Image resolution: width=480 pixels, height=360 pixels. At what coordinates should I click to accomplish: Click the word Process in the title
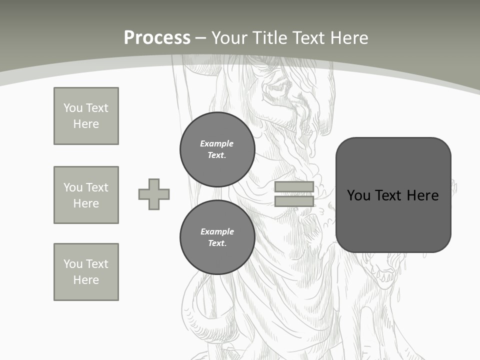tap(157, 38)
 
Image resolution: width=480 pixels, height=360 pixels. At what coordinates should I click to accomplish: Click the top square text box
tap(86, 116)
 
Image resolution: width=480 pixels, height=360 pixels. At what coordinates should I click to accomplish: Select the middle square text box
tap(86, 195)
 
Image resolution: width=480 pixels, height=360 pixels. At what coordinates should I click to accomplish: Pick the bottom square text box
tap(86, 272)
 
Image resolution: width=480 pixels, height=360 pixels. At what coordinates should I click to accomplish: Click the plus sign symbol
tap(154, 194)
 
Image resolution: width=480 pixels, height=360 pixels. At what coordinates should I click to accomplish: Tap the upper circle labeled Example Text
tap(217, 149)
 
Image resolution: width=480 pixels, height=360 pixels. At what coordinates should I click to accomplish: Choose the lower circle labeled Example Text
tap(217, 237)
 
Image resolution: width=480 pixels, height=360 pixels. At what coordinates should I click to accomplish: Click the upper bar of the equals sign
tap(294, 187)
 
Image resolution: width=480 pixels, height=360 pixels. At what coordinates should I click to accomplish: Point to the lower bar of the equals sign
tap(294, 201)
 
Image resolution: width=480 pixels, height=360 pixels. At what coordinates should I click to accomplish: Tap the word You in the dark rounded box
tap(358, 195)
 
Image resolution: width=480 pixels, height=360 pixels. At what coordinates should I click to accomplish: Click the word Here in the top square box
tap(86, 124)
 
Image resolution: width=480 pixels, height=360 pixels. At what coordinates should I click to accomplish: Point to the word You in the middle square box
tap(72, 187)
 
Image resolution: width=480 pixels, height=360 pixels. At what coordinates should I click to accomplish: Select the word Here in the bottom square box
tap(86, 280)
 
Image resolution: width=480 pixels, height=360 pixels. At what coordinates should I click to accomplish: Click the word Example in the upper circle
tap(217, 143)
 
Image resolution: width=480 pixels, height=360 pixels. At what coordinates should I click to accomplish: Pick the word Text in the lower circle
tap(217, 243)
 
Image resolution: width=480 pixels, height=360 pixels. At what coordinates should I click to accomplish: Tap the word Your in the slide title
tap(231, 38)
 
